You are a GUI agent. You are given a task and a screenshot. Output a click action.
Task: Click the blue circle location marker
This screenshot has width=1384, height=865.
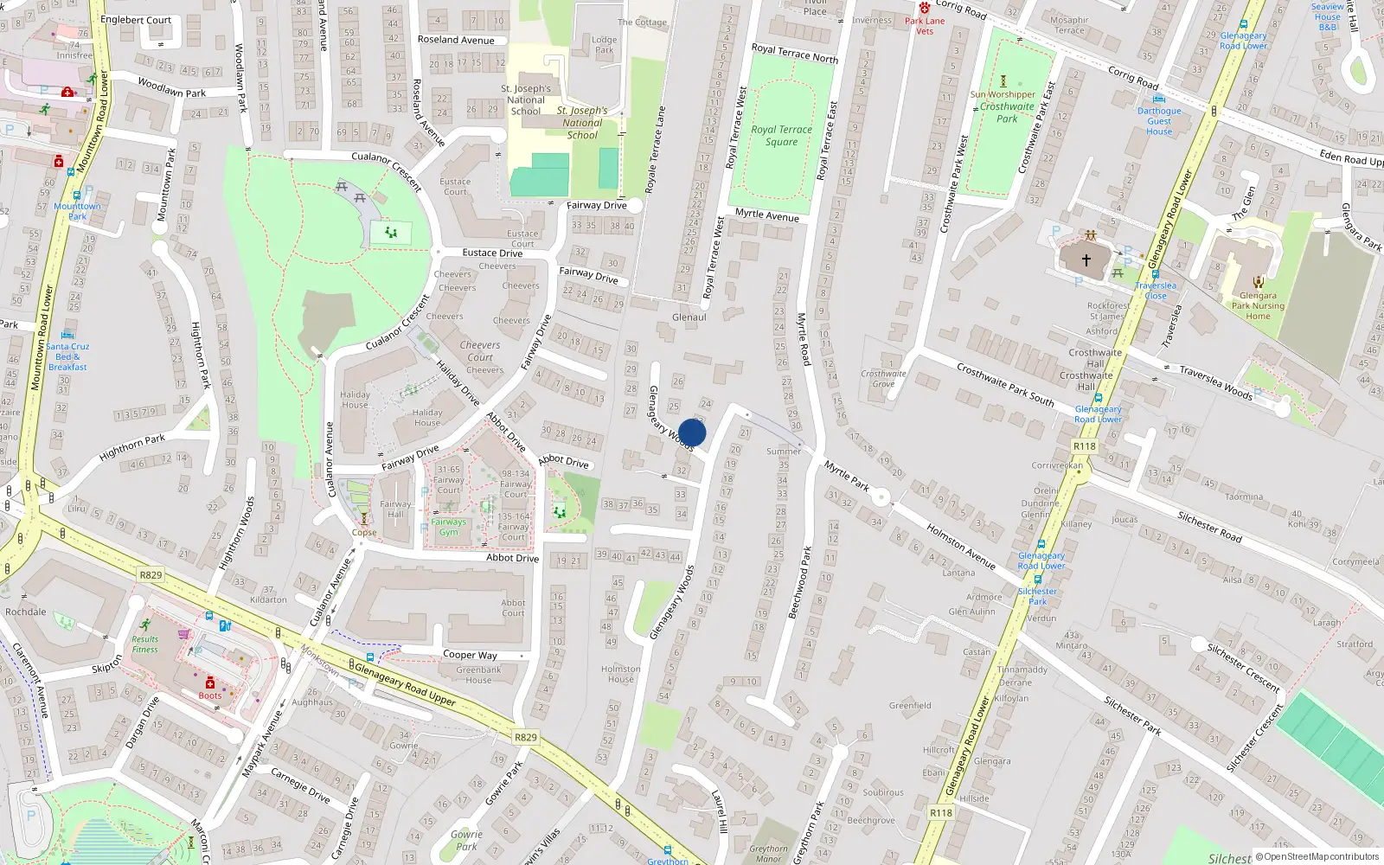pos(692,432)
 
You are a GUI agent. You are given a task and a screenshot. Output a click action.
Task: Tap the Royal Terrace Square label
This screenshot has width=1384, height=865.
pos(781,136)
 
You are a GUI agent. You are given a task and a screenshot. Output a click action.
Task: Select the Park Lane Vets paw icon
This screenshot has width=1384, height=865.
pos(925,8)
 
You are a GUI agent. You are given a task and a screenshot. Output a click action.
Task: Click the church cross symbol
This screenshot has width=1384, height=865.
pos(1086,259)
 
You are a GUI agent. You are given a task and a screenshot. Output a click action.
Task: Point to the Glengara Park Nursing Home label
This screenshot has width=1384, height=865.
pos(1258,305)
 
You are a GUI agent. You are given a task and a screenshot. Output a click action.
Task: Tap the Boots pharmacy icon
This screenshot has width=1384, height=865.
pos(209,683)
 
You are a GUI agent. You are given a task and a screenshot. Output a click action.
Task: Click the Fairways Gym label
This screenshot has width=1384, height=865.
pos(448,527)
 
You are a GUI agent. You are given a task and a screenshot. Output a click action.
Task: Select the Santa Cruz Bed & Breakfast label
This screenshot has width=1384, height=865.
pos(67,356)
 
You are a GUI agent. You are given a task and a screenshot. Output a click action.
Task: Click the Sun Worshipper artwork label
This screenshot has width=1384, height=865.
pos(1003,95)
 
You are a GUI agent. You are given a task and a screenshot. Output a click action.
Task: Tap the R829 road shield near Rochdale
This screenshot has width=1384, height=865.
pos(151,574)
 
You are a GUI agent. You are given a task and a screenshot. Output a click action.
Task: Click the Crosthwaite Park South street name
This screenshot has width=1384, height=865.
pos(1005,385)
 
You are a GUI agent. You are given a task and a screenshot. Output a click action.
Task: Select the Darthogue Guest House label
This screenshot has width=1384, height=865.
pos(1159,121)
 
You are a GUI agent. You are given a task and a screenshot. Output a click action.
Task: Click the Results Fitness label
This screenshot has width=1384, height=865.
pos(145,644)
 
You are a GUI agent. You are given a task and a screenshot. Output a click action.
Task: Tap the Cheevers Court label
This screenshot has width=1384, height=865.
pos(480,350)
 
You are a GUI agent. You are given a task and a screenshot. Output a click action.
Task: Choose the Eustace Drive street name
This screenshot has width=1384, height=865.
pos(492,253)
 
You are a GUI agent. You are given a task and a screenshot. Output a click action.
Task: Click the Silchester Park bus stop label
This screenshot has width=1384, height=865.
pos(1037,596)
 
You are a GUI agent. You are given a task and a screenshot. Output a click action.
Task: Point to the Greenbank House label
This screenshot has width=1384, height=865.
pos(478,675)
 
